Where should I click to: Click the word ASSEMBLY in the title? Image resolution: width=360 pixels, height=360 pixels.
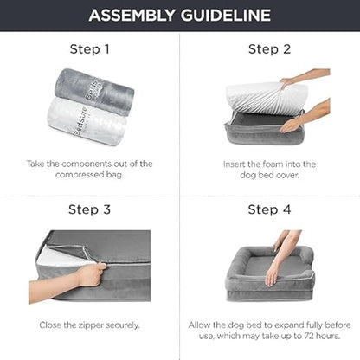(132, 16)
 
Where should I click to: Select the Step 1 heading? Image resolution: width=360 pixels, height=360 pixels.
(90, 49)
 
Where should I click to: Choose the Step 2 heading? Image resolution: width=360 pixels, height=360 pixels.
(269, 49)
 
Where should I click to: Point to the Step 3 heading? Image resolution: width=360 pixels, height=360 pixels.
(89, 209)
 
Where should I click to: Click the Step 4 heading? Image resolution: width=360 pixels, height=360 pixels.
(269, 209)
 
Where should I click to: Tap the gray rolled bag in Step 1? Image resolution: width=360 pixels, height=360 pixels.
(94, 87)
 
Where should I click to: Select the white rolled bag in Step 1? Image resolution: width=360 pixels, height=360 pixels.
(87, 121)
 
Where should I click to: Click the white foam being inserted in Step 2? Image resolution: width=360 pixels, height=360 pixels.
(267, 97)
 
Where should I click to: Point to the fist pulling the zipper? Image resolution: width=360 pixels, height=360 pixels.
(92, 274)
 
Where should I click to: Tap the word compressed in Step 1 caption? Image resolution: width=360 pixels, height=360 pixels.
(80, 175)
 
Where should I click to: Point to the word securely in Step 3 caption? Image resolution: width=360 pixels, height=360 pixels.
(123, 325)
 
